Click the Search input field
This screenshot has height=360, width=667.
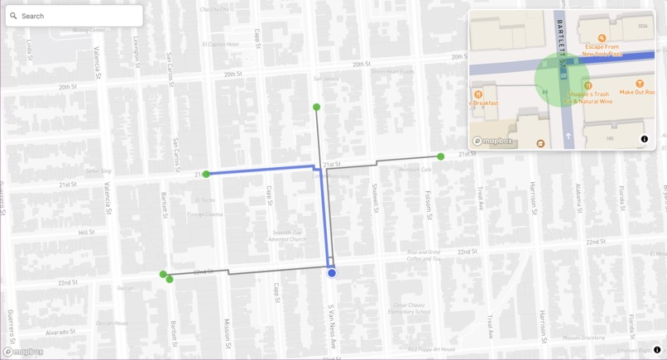coord(79,16)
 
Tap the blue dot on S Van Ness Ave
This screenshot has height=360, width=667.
coord(332,273)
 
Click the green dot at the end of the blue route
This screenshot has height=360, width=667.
coord(206,174)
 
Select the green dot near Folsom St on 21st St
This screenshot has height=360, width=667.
coord(441,156)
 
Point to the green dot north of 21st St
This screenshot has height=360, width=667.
coord(316,107)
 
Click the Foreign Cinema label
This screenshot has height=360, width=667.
coord(204,214)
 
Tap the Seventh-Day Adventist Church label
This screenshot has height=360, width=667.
coord(286,236)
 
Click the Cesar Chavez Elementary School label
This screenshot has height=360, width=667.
coord(409,308)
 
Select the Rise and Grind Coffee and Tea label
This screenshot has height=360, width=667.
coord(423,255)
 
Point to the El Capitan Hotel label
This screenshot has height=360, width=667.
coord(220,45)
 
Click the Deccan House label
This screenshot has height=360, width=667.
coord(111,323)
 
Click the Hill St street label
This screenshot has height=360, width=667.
coord(86,233)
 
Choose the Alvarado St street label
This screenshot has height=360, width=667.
coord(60,332)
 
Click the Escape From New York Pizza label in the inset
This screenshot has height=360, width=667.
coord(602,50)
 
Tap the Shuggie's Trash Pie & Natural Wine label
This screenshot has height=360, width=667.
coord(588,98)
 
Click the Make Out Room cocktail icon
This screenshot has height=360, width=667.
coord(640,84)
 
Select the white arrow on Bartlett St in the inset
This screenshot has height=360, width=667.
coord(568,136)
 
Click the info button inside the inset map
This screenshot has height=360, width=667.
coord(645,139)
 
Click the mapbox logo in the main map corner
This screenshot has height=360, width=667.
coord(23,352)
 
